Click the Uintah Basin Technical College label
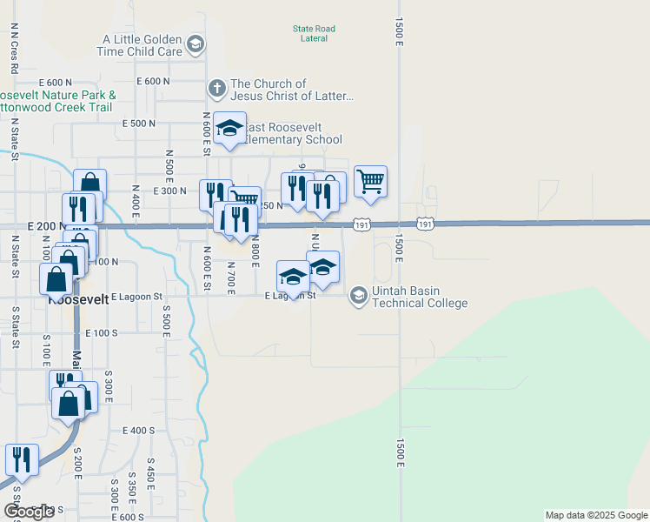coord(420,297)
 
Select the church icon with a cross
coord(216,88)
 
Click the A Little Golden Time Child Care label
coord(143,45)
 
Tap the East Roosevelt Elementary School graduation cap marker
coord(229,129)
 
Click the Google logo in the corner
coord(29,512)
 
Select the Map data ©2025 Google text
coord(596,515)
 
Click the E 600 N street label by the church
coord(153,81)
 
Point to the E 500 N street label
coord(139,124)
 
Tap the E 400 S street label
coord(138,431)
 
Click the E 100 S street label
coord(101,332)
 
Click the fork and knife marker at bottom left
coord(22,460)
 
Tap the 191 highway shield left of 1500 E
coord(361,225)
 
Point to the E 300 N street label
coord(169,191)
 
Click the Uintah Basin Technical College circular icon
coord(358,297)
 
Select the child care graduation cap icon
coord(196,44)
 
